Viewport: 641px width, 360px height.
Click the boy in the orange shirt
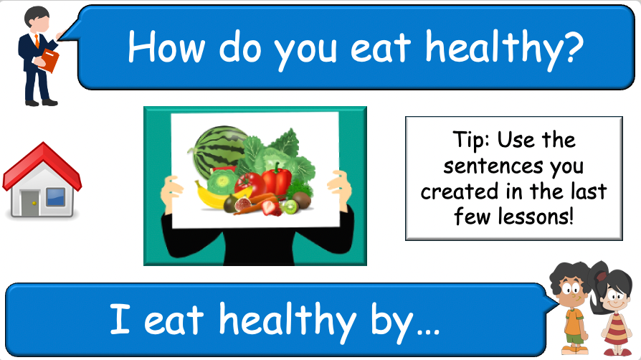571,305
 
